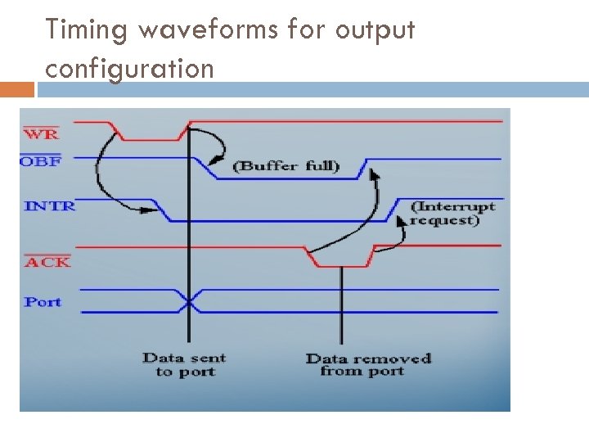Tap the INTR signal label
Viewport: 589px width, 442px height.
[x=50, y=205]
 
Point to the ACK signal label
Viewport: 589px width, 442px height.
[x=47, y=262]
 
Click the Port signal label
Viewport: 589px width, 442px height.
[x=43, y=302]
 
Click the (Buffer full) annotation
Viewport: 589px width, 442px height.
[x=286, y=166]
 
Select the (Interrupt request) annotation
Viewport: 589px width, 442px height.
[x=452, y=213]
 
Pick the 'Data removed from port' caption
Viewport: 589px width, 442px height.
[x=367, y=364]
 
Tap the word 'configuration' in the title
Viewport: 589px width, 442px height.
[x=129, y=68]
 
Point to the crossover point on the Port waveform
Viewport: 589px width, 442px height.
[x=190, y=301]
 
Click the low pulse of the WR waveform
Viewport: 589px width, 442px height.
[x=149, y=138]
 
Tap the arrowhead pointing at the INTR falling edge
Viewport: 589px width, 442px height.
[x=151, y=210]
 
